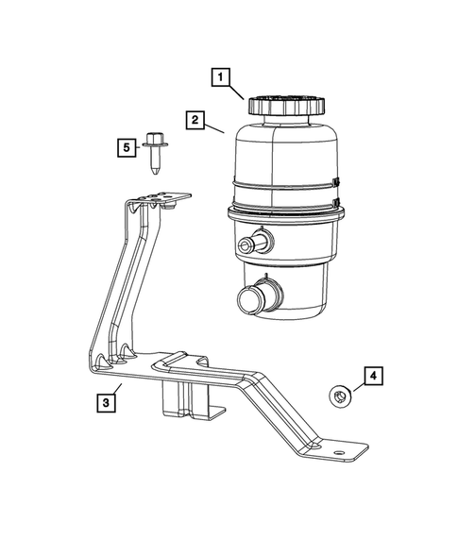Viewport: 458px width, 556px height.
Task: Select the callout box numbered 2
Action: point(195,120)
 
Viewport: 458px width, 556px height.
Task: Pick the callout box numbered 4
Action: point(372,378)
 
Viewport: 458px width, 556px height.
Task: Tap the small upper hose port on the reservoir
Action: point(251,245)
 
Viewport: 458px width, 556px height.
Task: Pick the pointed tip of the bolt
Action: point(157,173)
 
